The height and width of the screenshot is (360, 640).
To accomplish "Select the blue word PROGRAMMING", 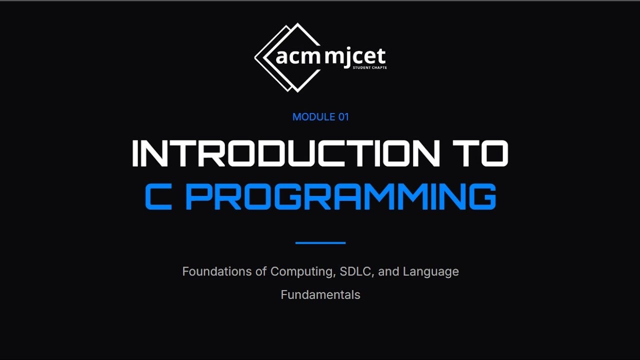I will [x=340, y=196].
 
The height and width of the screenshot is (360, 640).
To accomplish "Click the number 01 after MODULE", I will [x=343, y=117].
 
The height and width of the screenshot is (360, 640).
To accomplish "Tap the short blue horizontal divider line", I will [x=320, y=243].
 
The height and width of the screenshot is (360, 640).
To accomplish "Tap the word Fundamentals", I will [x=320, y=295].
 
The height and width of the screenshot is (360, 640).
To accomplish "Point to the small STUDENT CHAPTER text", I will [x=369, y=67].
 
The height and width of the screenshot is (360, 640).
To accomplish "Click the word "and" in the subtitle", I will [x=388, y=271].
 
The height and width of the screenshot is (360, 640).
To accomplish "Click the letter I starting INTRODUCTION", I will [x=135, y=153].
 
